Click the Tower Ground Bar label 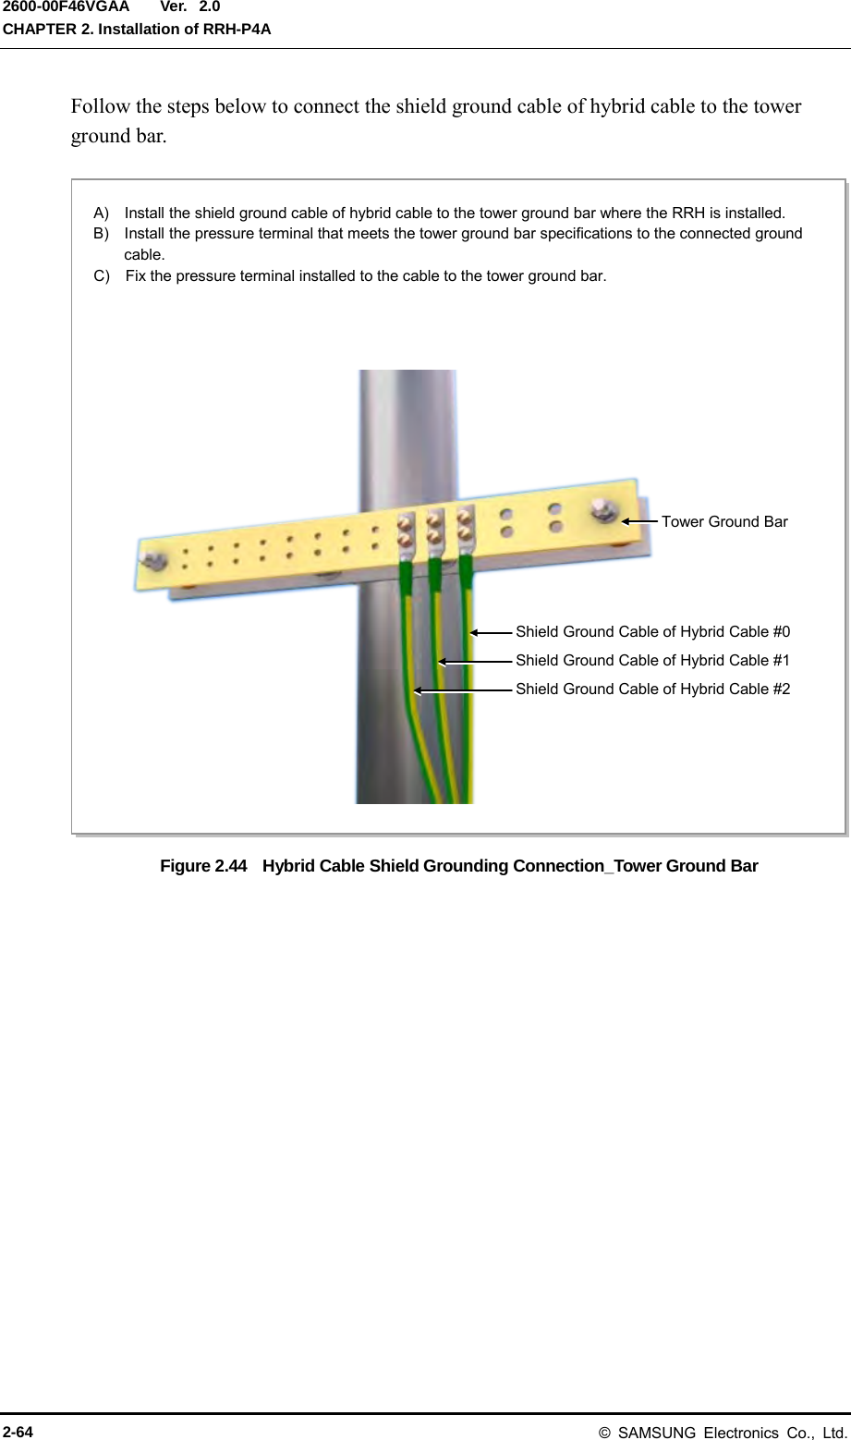click(x=724, y=521)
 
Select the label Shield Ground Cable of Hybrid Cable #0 click(x=652, y=632)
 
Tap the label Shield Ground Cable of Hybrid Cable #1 click(x=652, y=660)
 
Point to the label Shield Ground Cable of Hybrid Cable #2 click(x=652, y=689)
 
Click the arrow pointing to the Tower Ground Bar click(x=638, y=521)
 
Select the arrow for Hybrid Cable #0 click(x=491, y=632)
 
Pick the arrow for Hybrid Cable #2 click(x=462, y=689)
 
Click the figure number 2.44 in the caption click(x=231, y=866)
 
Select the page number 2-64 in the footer click(x=18, y=1432)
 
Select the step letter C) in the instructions click(x=102, y=275)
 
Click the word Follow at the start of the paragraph click(x=101, y=106)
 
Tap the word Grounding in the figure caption click(x=464, y=866)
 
